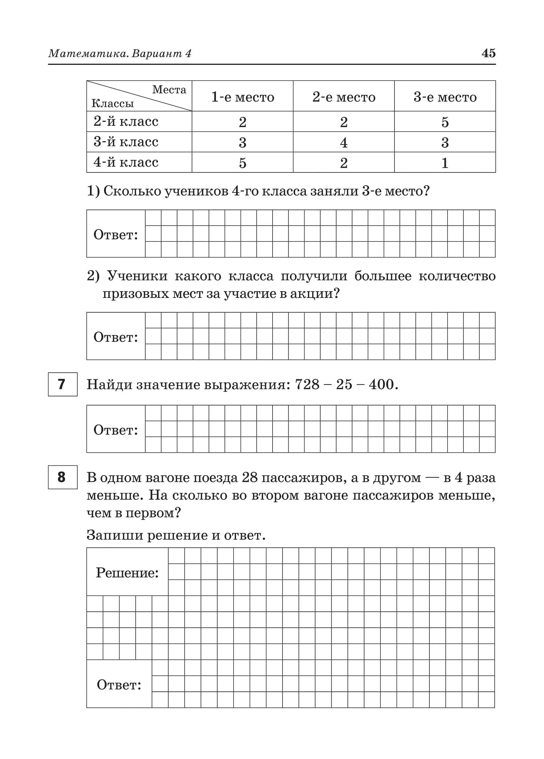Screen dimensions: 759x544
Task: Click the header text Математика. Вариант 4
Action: click(x=120, y=54)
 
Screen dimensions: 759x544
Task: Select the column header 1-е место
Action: click(x=242, y=97)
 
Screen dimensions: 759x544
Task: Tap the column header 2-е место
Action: click(x=344, y=97)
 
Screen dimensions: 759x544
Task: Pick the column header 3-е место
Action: click(x=445, y=97)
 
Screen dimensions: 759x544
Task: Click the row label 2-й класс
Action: click(x=126, y=121)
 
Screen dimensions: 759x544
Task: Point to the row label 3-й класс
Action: click(x=126, y=142)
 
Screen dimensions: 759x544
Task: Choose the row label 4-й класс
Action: click(x=126, y=162)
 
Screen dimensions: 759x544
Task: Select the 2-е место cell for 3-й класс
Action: click(x=344, y=143)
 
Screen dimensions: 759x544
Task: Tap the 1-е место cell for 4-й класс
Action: click(x=242, y=163)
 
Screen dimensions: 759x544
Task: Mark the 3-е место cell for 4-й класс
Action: click(x=445, y=163)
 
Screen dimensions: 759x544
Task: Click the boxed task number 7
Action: click(x=63, y=384)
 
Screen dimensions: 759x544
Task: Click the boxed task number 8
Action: click(x=63, y=477)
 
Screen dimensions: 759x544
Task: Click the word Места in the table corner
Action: click(x=169, y=90)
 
